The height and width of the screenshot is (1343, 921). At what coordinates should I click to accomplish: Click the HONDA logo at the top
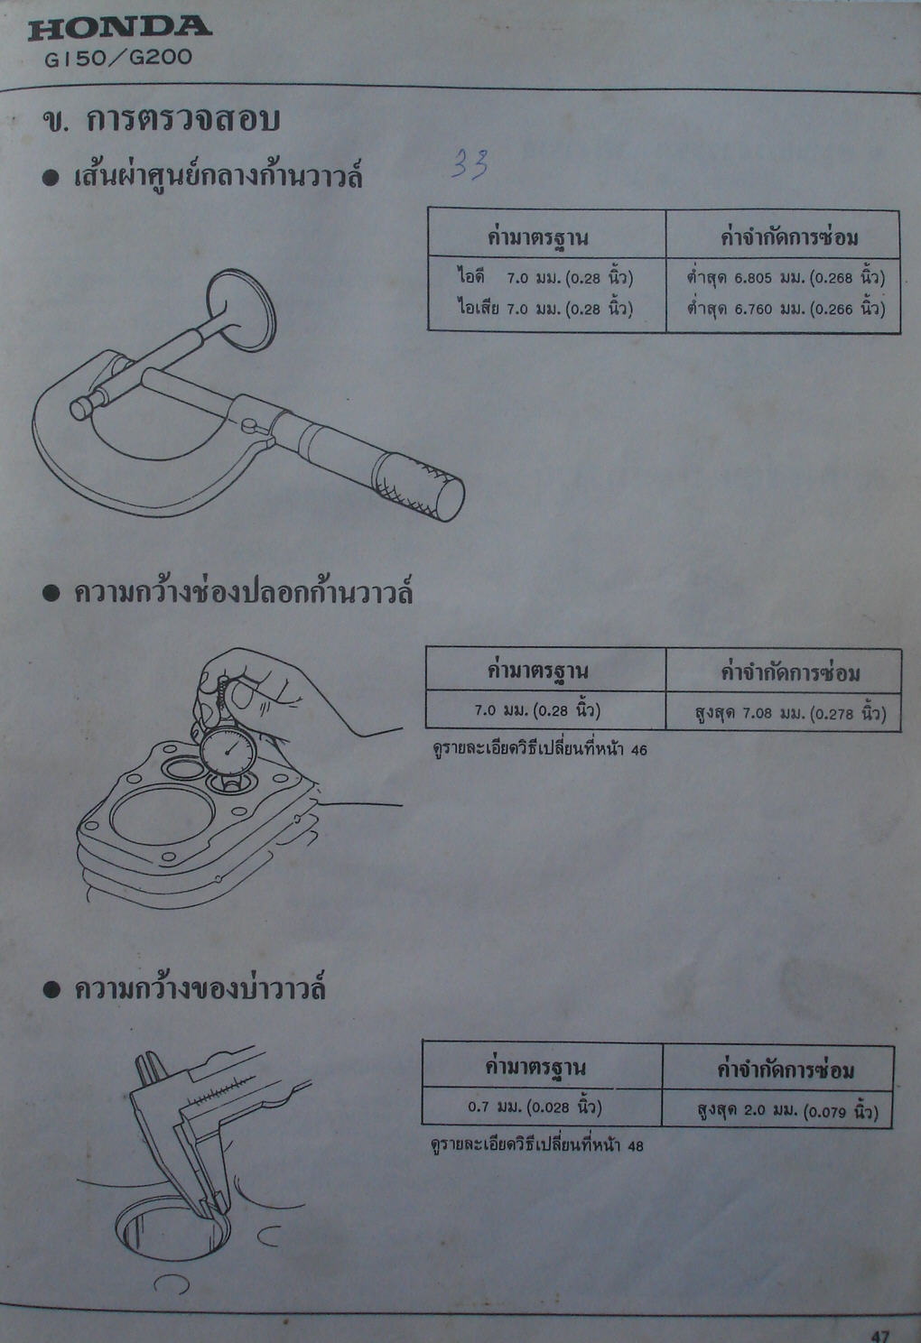point(119,28)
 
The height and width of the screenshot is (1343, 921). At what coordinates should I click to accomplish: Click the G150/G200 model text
point(118,58)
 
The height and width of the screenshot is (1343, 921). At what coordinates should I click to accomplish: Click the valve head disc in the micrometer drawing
point(241,310)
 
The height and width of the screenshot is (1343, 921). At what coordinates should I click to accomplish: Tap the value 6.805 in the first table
point(754,278)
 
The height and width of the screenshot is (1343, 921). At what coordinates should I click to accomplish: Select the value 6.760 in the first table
point(754,310)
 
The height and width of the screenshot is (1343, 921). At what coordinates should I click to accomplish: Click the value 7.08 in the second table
point(757,714)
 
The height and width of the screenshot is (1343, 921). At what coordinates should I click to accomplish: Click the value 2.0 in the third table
point(754,1110)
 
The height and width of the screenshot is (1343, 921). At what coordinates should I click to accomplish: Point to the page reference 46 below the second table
point(639,750)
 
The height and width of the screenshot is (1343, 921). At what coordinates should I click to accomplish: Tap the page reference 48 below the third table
point(636,1145)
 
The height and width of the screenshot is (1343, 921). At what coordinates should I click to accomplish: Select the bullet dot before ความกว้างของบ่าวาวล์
point(51,990)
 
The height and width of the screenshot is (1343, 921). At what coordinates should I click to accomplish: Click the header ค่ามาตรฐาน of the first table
point(537,236)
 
